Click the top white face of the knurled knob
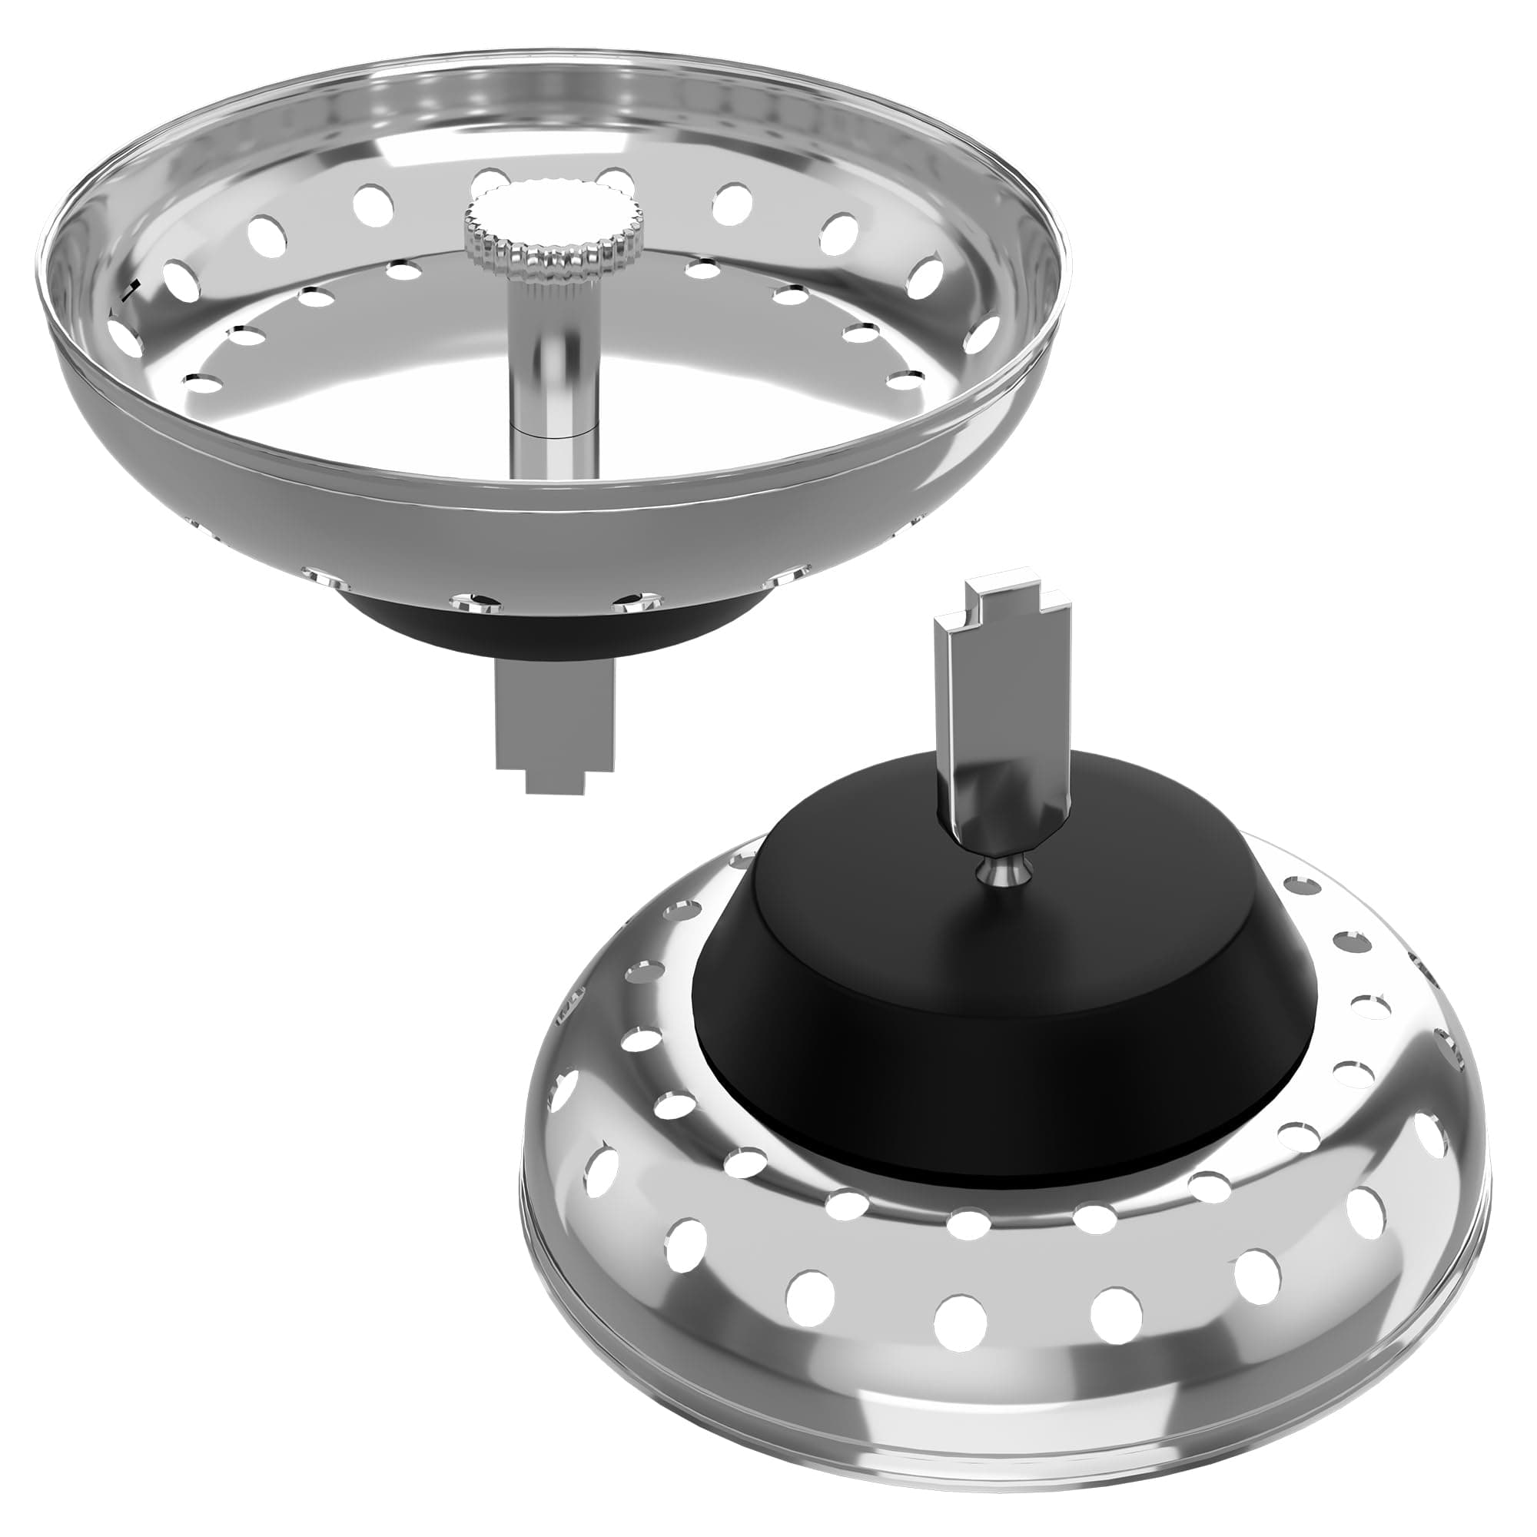[555, 215]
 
